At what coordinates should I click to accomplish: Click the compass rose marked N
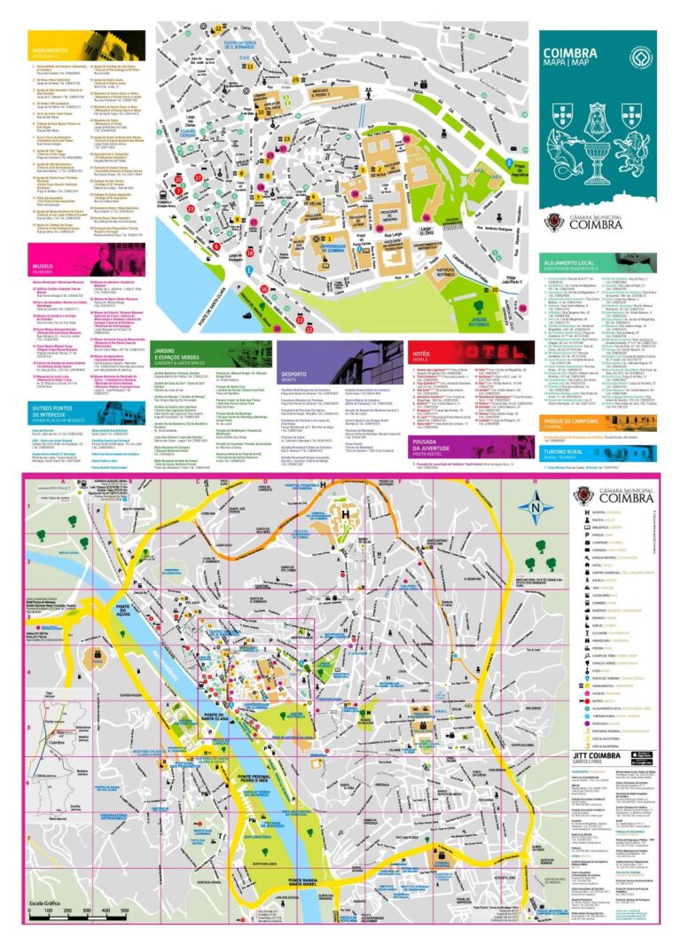535,508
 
